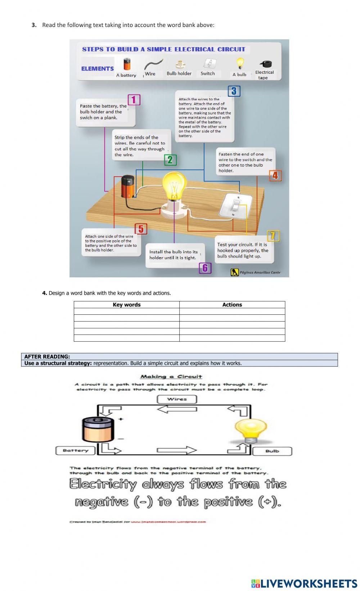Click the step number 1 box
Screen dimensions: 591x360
134,100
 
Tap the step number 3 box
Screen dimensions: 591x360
234,91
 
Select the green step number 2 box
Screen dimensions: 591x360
170,160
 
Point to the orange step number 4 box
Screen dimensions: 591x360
275,175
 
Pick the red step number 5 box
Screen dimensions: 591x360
141,229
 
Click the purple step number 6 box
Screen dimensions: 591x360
205,268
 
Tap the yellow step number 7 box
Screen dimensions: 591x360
273,236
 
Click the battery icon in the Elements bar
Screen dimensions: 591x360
127,64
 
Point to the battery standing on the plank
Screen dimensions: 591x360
128,186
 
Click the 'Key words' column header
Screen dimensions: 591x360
127,305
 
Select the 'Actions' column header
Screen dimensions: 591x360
232,305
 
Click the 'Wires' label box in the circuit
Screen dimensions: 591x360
177,399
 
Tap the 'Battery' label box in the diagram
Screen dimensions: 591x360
75,450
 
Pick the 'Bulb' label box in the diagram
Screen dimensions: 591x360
272,451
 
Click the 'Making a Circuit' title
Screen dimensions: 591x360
171,377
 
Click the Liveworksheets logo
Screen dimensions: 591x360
304,583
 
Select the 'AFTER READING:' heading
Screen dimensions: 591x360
47,356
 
